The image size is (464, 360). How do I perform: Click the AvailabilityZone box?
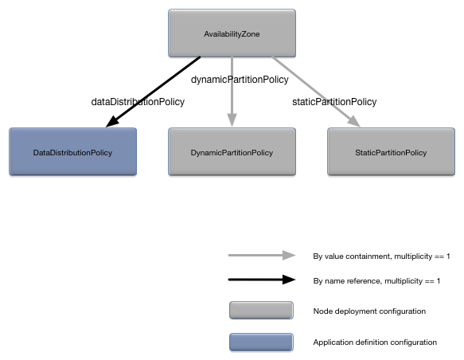(232, 33)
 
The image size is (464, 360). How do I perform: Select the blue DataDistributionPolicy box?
(72, 151)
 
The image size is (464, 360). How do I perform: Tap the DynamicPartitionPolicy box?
(232, 151)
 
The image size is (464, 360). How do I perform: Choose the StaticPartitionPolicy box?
(391, 151)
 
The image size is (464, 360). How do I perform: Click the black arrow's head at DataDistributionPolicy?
(111, 122)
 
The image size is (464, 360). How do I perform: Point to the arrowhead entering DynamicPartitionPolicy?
(232, 120)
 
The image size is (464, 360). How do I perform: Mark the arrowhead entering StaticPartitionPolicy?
(353, 121)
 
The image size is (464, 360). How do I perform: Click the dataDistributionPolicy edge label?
(138, 102)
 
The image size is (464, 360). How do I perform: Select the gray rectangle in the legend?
(260, 311)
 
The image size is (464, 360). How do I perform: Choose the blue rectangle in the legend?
(260, 342)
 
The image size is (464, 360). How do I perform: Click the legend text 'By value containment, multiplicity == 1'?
(381, 256)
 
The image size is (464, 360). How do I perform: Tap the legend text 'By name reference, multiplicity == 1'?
(376, 282)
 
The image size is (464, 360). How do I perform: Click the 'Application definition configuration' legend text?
(375, 342)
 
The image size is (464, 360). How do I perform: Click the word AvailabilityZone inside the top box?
(232, 34)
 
